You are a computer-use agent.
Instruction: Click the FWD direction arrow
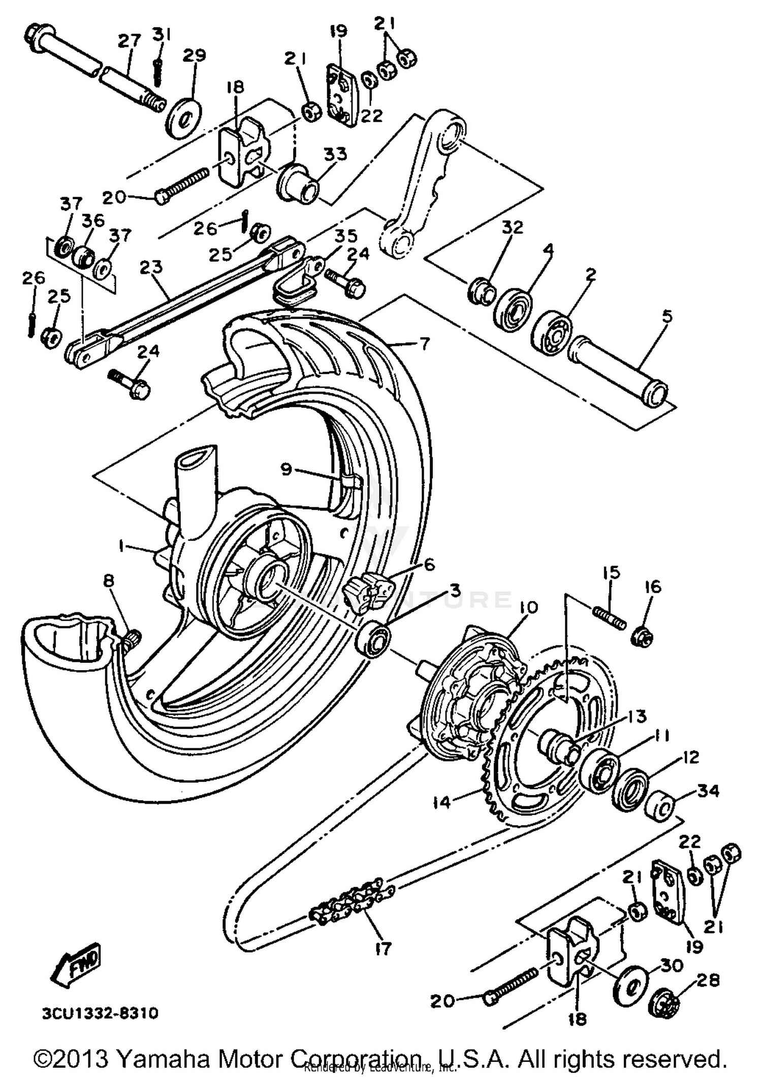click(76, 964)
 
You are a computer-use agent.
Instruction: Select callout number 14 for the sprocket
click(442, 803)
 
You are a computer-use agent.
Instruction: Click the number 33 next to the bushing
click(336, 154)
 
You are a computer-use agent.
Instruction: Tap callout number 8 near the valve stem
click(109, 581)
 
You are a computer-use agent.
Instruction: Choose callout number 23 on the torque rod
click(151, 267)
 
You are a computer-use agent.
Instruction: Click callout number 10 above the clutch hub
click(528, 608)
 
